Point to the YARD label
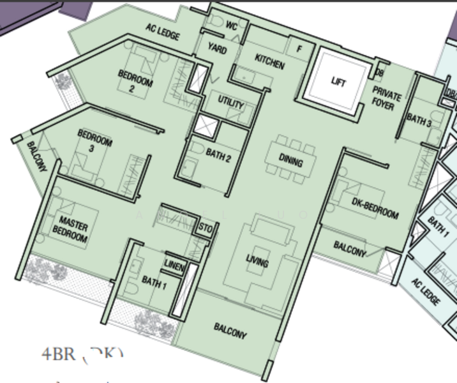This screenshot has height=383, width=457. [x=217, y=50]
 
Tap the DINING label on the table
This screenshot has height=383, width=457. [x=290, y=162]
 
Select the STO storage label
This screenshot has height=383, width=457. [x=205, y=228]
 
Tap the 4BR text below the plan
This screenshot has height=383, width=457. [x=58, y=355]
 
